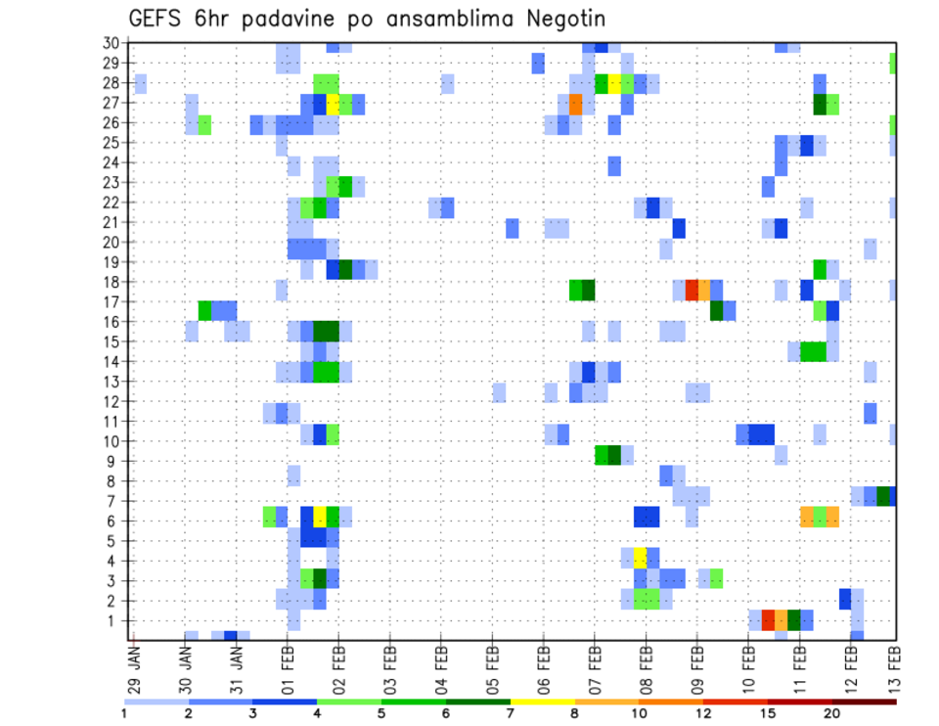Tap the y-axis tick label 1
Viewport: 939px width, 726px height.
(114, 620)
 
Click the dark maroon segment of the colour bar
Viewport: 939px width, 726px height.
(865, 702)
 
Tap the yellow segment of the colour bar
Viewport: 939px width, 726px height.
(543, 702)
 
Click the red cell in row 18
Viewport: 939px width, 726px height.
(692, 290)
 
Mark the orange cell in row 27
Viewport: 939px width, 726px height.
(575, 104)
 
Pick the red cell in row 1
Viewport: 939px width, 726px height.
(768, 619)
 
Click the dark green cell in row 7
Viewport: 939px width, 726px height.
(883, 496)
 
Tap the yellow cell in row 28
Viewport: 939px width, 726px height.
(614, 83)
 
